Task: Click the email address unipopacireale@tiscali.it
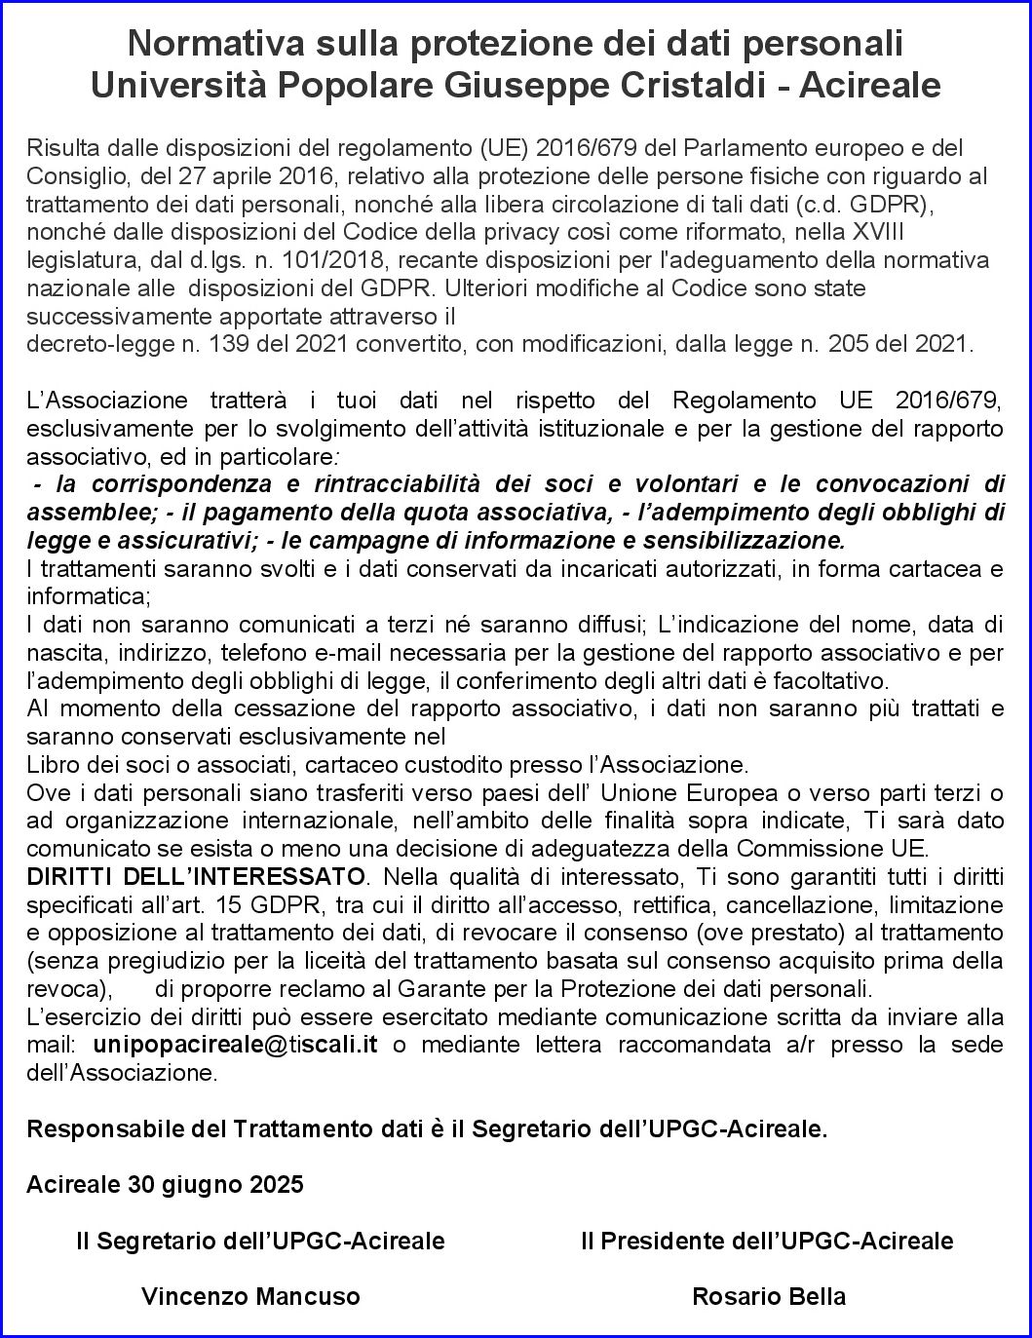tap(236, 1045)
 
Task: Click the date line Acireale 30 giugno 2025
tap(166, 1185)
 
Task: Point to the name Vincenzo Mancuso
tap(250, 1297)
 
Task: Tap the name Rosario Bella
tap(769, 1297)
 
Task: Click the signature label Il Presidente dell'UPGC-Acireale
tap(767, 1241)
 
